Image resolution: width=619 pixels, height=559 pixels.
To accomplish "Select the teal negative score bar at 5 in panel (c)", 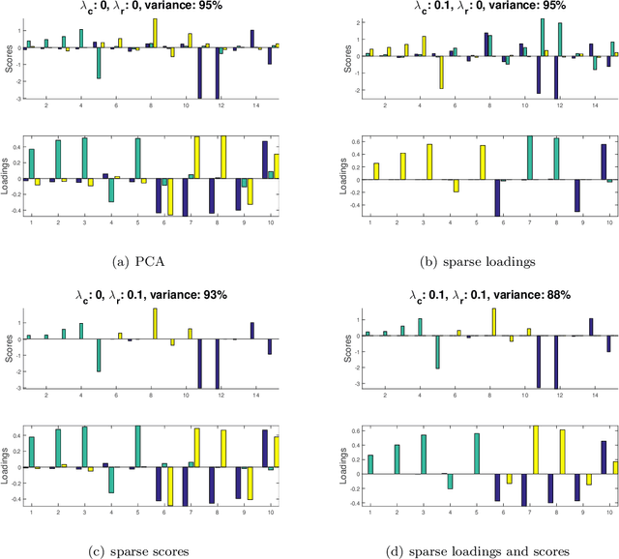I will click(99, 355).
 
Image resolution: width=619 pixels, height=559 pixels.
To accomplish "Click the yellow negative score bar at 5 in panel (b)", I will click(441, 73).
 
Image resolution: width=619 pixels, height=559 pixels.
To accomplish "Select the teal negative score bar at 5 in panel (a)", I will click(99, 63).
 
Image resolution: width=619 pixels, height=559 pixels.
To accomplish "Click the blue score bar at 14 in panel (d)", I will click(590, 327).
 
